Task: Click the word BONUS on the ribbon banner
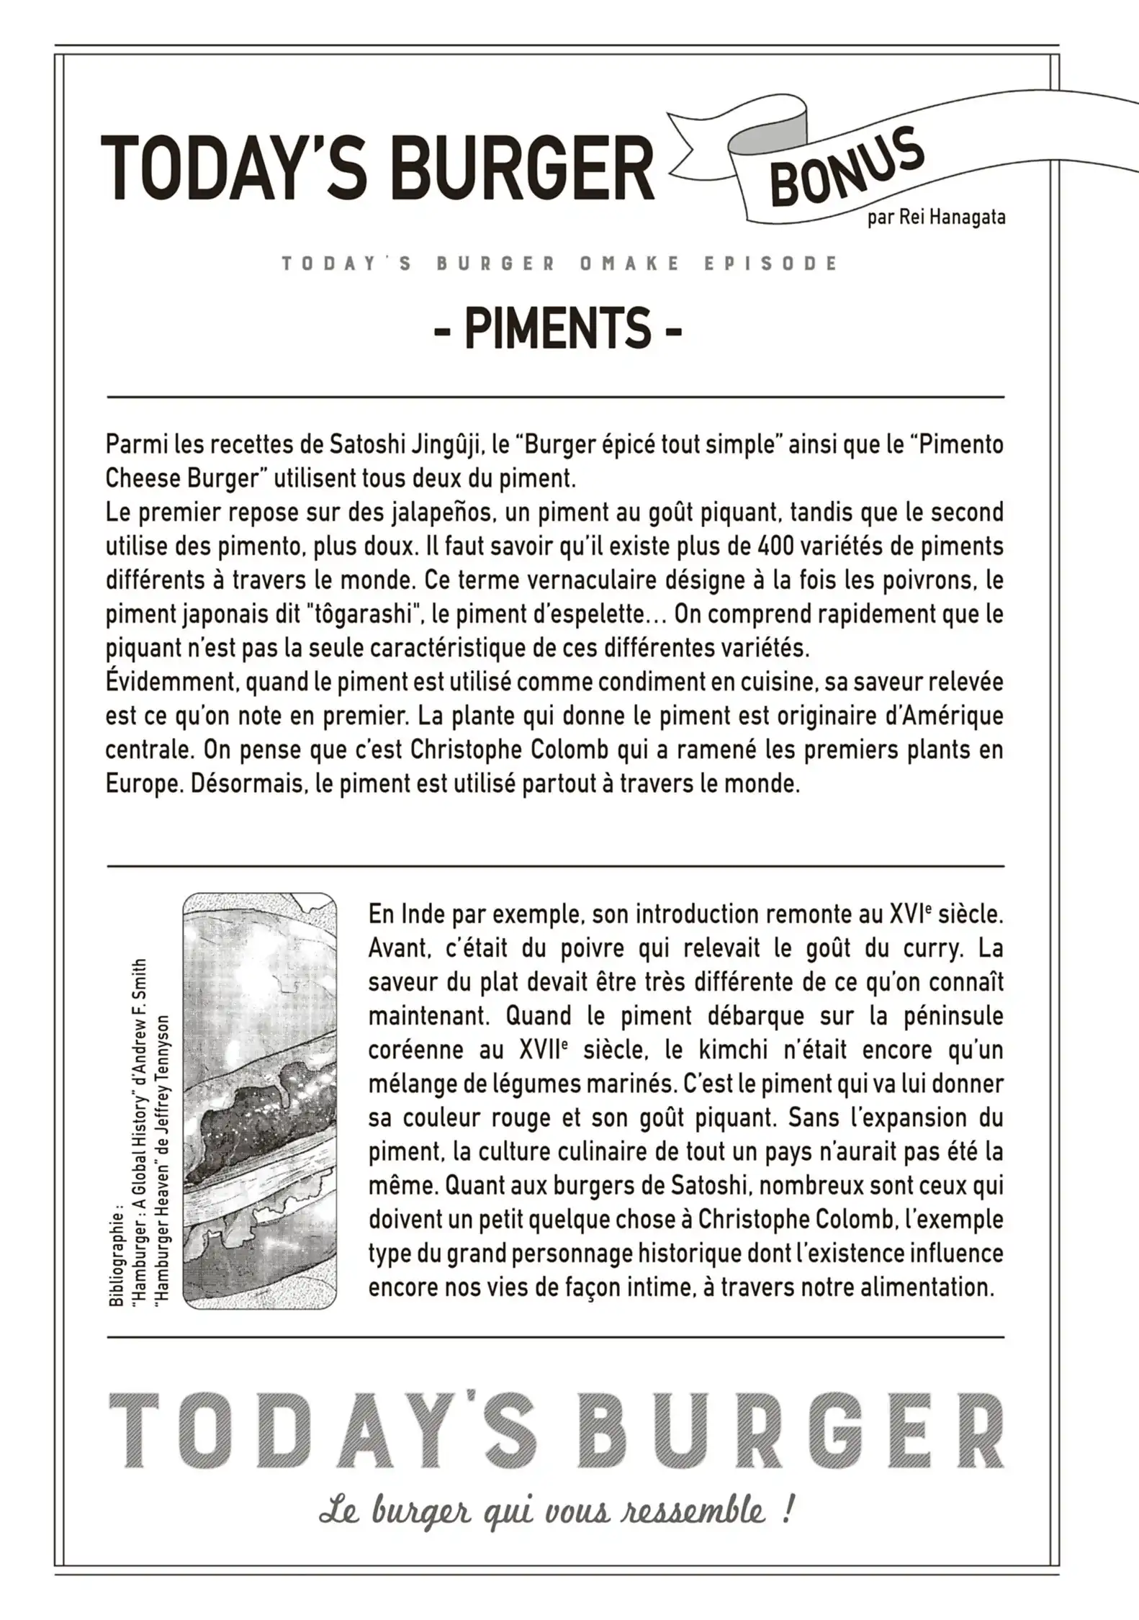coord(846,169)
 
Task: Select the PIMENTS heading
coord(558,328)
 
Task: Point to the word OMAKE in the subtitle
coord(629,264)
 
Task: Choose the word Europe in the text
coord(144,783)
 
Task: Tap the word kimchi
coord(728,1050)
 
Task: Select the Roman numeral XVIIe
coord(539,1050)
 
